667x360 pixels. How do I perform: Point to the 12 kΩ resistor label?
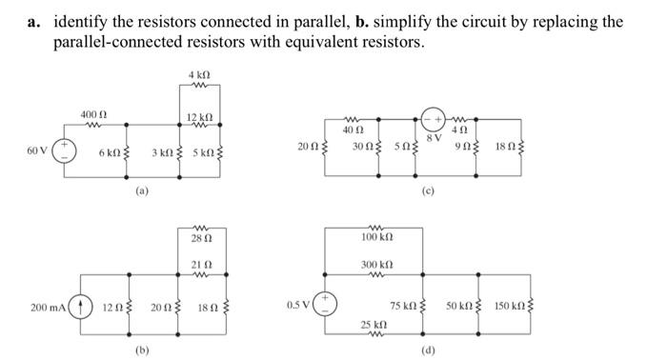(x=198, y=116)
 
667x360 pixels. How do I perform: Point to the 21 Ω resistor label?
(x=199, y=263)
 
